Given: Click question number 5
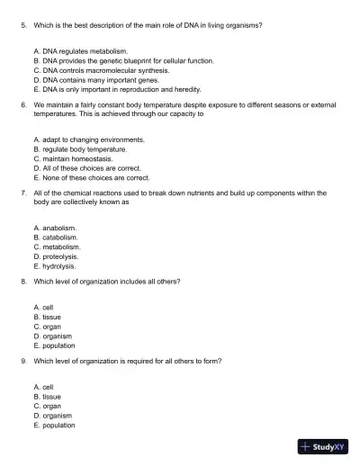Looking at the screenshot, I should [23, 25].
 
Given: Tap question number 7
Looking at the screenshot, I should [23, 193].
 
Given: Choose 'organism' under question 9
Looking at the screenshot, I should [52, 416].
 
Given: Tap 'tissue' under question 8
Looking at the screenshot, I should [46, 317].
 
